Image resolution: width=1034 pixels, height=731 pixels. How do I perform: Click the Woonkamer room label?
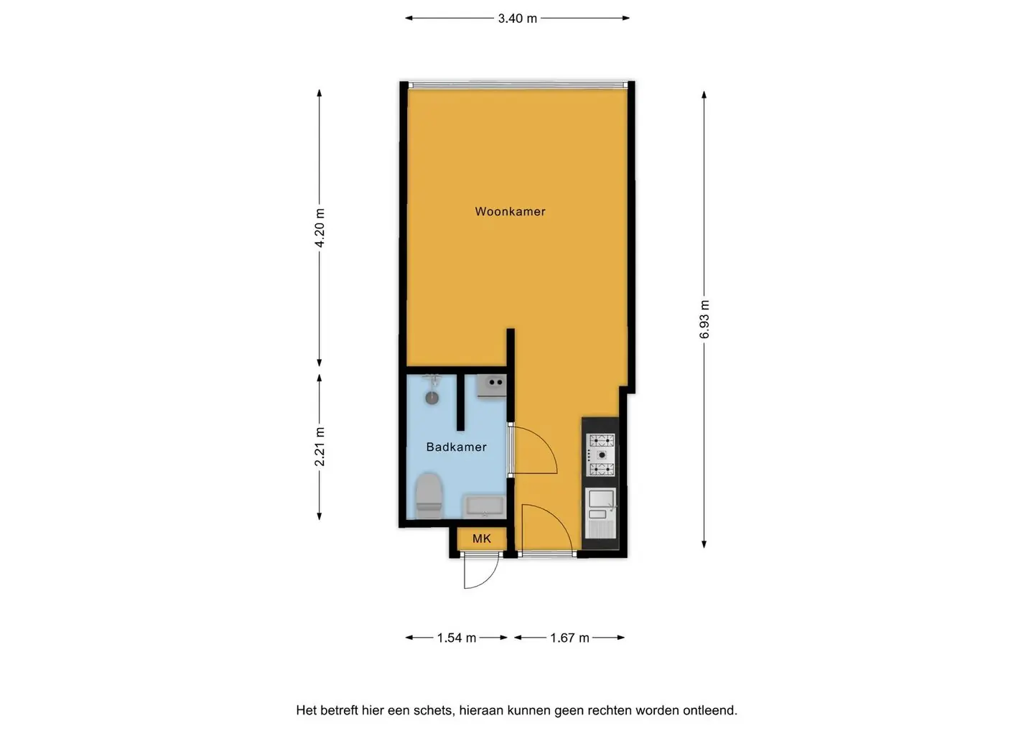pos(510,211)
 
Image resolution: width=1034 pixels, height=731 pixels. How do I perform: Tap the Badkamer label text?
pos(456,447)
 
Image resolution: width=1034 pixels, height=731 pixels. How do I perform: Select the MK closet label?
pos(481,539)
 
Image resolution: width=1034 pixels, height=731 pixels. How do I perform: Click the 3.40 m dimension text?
pos(518,19)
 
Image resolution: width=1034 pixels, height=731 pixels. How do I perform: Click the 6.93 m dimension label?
pos(704,320)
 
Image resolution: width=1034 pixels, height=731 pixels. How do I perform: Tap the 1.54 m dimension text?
pos(456,638)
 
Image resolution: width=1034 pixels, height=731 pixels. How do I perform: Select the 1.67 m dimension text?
pos(569,638)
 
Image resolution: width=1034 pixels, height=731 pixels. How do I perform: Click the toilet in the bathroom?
pos(429,495)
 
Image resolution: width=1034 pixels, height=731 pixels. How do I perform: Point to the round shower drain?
pos(432,398)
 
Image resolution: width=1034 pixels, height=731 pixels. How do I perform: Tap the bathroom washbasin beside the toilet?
pos(485,507)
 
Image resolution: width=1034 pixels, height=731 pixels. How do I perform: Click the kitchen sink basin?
pos(601,498)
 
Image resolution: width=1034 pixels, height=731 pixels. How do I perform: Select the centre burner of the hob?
pos(602,455)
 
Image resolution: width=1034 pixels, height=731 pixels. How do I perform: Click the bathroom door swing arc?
pos(543,444)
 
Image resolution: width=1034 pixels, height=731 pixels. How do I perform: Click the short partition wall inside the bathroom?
pos(460,401)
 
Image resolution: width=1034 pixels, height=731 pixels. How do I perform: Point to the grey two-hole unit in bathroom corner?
pos(492,386)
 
